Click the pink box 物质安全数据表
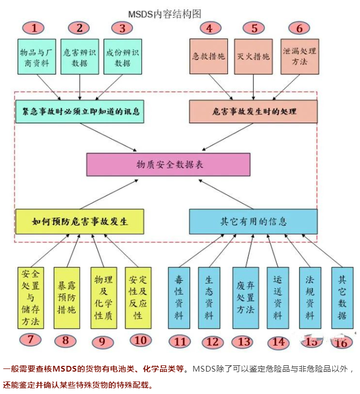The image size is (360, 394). pyautogui.click(x=168, y=165)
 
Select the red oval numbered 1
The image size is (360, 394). pyautogui.click(x=34, y=28)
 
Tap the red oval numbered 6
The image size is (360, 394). pyautogui.click(x=299, y=28)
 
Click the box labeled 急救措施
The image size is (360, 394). pyautogui.click(x=209, y=56)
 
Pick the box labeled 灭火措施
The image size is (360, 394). pyautogui.click(x=254, y=56)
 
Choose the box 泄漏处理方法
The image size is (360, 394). pyautogui.click(x=299, y=56)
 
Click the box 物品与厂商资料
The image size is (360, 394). pyautogui.click(x=37, y=56)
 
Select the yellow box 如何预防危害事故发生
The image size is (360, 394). pyautogui.click(x=80, y=221)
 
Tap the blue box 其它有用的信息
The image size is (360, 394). pyautogui.click(x=254, y=221)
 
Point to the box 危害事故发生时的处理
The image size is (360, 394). pyautogui.click(x=254, y=112)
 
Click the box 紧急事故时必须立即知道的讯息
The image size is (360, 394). pyautogui.click(x=80, y=112)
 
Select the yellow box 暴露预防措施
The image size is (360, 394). pyautogui.click(x=67, y=298)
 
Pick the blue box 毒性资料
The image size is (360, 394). pyautogui.click(x=179, y=298)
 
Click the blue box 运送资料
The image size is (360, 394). pyautogui.click(x=278, y=298)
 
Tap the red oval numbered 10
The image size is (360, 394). pyautogui.click(x=140, y=340)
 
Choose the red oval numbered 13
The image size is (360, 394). pyautogui.click(x=244, y=342)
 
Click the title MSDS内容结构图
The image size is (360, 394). pyautogui.click(x=165, y=14)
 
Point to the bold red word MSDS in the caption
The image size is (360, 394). pyautogui.click(x=65, y=369)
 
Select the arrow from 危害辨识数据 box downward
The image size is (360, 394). pyautogui.click(x=80, y=87)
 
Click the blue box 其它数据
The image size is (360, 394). pyautogui.click(x=342, y=298)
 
